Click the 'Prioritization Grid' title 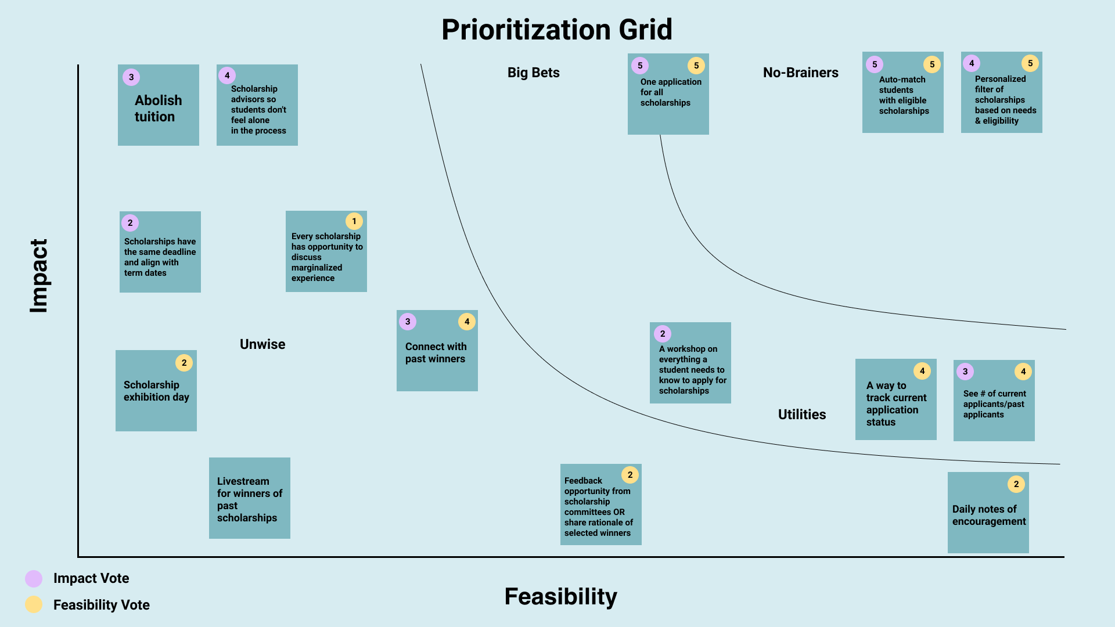pos(556,30)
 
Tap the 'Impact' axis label pos(39,276)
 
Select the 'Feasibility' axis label pos(560,596)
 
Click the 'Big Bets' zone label pos(533,73)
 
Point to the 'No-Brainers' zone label pos(800,73)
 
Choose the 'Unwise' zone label pos(262,344)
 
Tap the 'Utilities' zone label pos(801,415)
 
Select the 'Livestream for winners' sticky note pos(249,499)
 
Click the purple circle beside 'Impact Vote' pos(34,578)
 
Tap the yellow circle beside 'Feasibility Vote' pos(34,604)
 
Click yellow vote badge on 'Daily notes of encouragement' pos(1016,484)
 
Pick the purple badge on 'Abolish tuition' pos(131,77)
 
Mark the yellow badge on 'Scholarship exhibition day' pos(184,363)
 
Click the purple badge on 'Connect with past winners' pos(408,322)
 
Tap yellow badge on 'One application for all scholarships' pos(696,66)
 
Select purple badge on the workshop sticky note pos(663,334)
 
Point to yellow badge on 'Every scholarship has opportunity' pos(354,221)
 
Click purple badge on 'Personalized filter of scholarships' pos(972,63)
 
